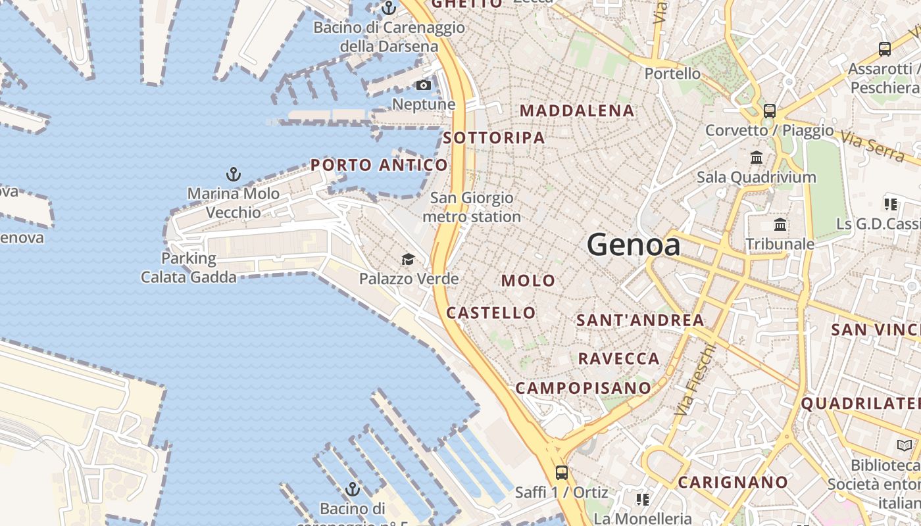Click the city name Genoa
click(x=634, y=245)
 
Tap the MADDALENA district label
click(x=578, y=110)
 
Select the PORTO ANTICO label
click(x=379, y=165)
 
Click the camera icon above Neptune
click(x=424, y=85)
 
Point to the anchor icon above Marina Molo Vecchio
click(x=233, y=175)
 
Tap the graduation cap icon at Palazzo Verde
click(x=409, y=259)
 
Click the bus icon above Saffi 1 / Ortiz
click(x=561, y=472)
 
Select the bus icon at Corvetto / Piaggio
click(x=769, y=110)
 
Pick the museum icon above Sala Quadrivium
click(x=757, y=158)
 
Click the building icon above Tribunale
click(x=780, y=225)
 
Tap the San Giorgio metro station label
click(x=472, y=207)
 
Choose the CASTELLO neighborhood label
click(x=491, y=313)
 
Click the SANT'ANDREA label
click(x=640, y=321)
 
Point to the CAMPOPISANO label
click(x=583, y=388)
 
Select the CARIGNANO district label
click(x=733, y=483)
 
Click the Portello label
click(x=672, y=73)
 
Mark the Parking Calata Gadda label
click(x=189, y=268)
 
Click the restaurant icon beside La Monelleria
click(x=642, y=500)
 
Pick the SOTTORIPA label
click(x=494, y=138)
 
